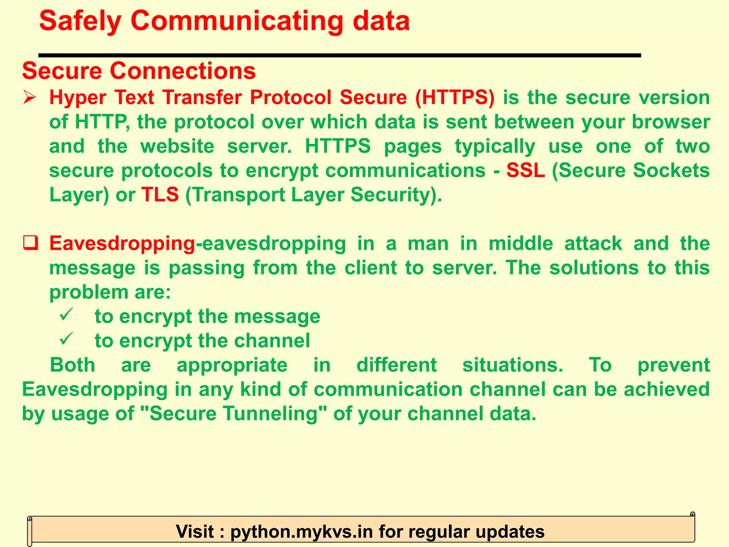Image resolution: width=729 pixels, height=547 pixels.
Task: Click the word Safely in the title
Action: (80, 21)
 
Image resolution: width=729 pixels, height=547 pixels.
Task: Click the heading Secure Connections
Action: (139, 71)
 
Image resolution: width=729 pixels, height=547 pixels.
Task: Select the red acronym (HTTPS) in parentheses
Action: (455, 97)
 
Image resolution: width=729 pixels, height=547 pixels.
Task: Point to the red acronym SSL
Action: (525, 170)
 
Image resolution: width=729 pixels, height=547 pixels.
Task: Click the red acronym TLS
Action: (160, 194)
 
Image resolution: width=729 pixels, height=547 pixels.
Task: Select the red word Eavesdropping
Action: (122, 244)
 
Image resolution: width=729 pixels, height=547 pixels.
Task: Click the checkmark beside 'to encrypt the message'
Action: (66, 315)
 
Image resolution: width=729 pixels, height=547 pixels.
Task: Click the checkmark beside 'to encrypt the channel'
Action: (66, 339)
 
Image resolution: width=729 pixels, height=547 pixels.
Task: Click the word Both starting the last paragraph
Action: (73, 365)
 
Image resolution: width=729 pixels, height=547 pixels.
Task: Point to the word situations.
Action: (513, 365)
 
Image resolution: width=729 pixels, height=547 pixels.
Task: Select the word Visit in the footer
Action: (195, 531)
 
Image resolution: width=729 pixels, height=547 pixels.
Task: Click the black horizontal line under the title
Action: (340, 55)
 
